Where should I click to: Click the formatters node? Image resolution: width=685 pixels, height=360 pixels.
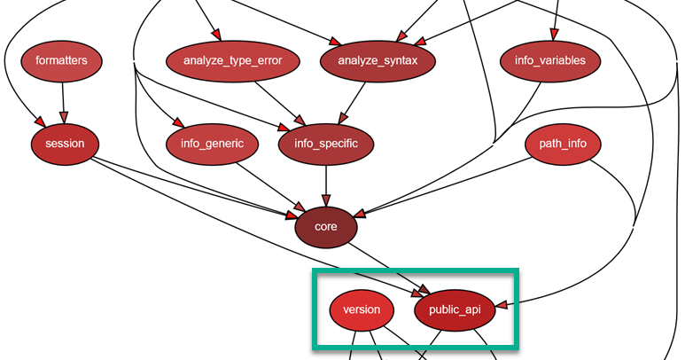(x=62, y=61)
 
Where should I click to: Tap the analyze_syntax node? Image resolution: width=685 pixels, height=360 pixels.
(x=377, y=61)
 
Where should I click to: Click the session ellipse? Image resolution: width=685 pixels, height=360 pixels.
(x=64, y=143)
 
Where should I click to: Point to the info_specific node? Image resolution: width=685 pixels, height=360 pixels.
(x=326, y=143)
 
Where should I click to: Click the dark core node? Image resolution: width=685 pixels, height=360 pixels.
(x=326, y=227)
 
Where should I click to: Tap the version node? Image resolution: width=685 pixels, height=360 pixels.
(x=362, y=309)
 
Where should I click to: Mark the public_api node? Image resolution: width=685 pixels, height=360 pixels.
(x=454, y=309)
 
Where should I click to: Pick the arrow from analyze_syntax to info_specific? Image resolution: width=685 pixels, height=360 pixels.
(x=352, y=102)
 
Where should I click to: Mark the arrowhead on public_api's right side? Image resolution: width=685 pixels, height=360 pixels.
(x=502, y=305)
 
